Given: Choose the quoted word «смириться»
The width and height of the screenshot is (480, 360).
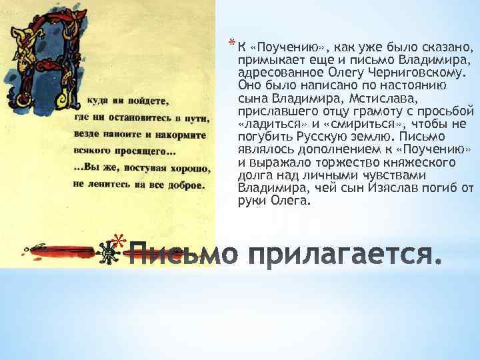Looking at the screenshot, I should (361, 124).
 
